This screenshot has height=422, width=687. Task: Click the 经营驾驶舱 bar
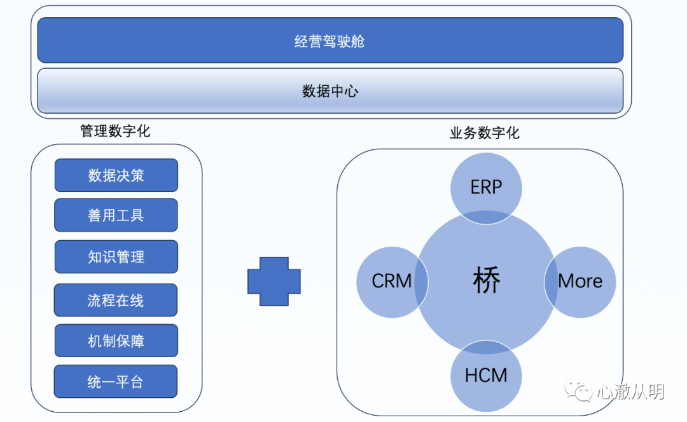(x=330, y=40)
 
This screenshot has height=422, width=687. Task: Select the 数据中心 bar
(x=330, y=91)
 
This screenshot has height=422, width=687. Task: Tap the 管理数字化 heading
(x=115, y=131)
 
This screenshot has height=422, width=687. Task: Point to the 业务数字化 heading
(x=485, y=133)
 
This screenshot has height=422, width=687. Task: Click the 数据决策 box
(x=116, y=175)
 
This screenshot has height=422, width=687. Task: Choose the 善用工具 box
(x=116, y=215)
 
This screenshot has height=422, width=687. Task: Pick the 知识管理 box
(x=116, y=257)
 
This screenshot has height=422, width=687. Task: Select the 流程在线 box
(x=116, y=300)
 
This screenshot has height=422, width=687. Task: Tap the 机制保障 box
(x=116, y=341)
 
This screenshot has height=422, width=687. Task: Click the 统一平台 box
(x=116, y=381)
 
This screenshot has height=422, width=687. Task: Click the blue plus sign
(x=274, y=281)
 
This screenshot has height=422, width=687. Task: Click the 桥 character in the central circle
(x=487, y=280)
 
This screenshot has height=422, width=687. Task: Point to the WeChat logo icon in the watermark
(x=578, y=390)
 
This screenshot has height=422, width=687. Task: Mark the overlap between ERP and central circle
(x=486, y=217)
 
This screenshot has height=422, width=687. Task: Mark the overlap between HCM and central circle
(x=486, y=348)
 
